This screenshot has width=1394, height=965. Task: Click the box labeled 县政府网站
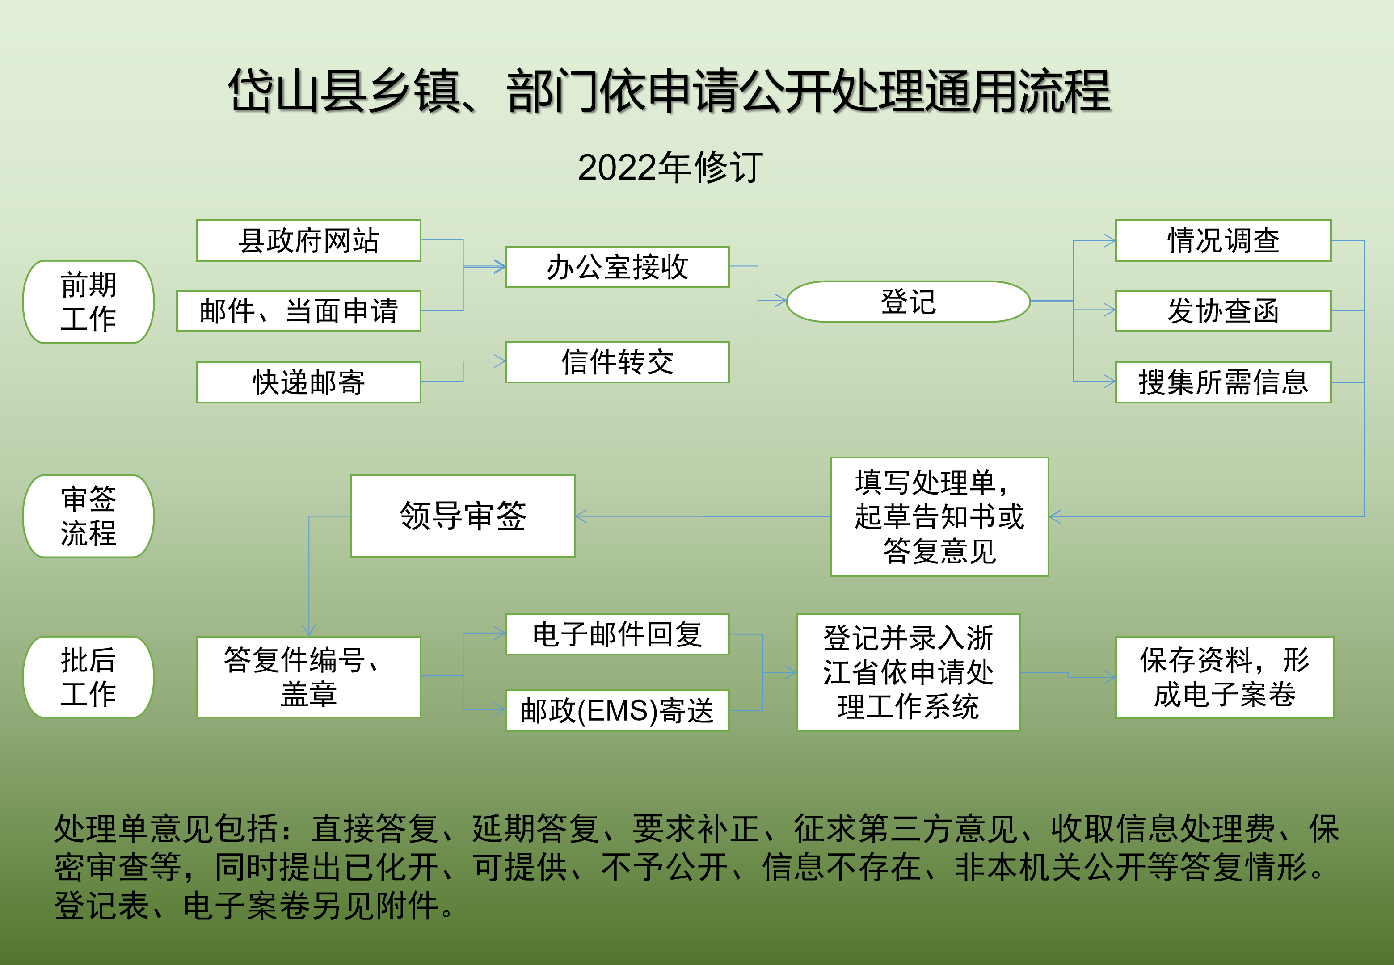pos(308,241)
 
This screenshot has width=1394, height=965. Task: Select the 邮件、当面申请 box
pos(299,311)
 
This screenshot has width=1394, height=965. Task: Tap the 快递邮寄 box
pos(308,382)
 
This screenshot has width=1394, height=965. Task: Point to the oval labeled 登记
pos(908,301)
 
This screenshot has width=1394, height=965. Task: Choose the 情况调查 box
pos(1223,241)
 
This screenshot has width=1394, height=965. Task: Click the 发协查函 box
pos(1223,311)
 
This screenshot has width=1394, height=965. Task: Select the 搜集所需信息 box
pos(1223,382)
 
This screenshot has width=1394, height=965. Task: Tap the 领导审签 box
pos(463,516)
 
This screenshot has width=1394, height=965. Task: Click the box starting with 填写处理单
pos(939,516)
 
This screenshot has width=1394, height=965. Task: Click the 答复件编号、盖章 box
pos(308,676)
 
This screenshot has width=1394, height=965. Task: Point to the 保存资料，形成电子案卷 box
pos(1224,676)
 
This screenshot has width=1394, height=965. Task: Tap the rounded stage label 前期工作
pos(88,302)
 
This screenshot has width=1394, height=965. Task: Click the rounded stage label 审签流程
pos(88,516)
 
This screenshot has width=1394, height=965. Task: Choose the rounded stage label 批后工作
pos(88,676)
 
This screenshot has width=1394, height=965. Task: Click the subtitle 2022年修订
pos(670,168)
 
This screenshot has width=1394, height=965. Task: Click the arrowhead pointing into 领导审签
pos(581,516)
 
